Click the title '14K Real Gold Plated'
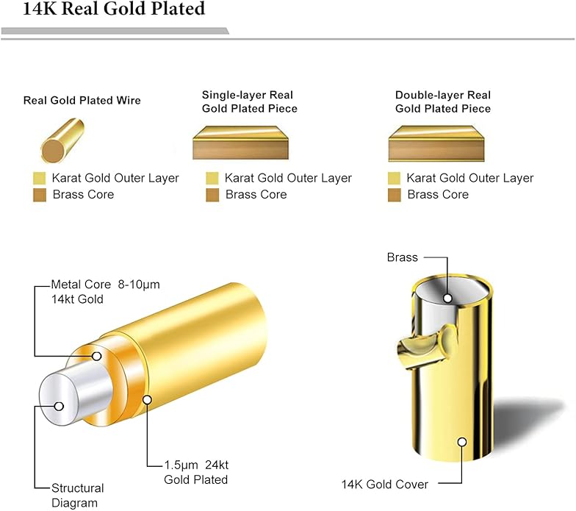114,9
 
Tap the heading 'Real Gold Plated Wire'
82,100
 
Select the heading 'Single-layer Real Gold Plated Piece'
250,101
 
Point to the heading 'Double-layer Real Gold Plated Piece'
442,101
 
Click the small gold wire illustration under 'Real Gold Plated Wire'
62,140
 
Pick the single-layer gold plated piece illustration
241,143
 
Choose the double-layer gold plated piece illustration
436,143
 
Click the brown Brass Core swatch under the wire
40,195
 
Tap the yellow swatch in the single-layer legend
212,178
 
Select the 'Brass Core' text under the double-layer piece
438,194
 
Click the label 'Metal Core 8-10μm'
106,285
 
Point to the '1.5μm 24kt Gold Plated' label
196,472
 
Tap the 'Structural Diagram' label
78,496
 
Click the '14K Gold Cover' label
385,485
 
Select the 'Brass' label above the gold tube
403,257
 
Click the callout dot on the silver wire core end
59,407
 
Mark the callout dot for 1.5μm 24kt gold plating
147,400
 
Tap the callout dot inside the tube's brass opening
447,299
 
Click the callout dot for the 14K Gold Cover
462,441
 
